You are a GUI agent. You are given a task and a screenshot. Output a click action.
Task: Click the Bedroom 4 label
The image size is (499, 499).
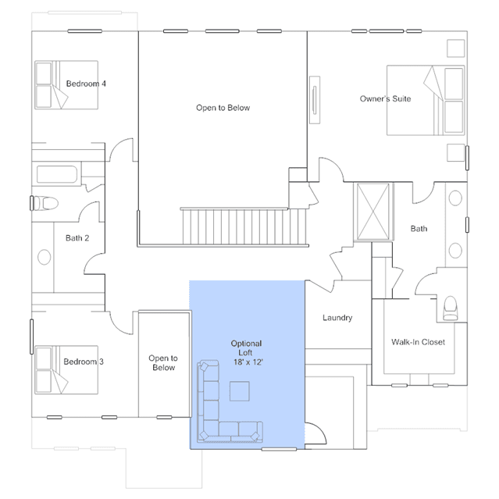coord(86,84)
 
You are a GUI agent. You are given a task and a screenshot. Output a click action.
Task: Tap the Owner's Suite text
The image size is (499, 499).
coord(385,98)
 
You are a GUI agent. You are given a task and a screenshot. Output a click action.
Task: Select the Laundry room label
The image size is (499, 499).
coord(337,318)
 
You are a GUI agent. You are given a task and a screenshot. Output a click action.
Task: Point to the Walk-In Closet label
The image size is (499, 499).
coord(418,342)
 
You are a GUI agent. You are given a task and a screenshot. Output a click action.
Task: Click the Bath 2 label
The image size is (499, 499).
coord(77,238)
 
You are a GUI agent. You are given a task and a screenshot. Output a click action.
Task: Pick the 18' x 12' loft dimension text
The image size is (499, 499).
coord(248,362)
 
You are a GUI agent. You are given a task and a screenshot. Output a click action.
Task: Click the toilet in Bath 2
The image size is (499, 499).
coord(46,203)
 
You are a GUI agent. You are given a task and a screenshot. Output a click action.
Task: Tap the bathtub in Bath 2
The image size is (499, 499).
coord(57,174)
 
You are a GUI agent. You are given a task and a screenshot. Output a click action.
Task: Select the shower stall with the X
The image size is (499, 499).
coord(373,212)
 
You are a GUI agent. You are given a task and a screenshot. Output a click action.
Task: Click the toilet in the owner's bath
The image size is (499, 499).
coord(451,308)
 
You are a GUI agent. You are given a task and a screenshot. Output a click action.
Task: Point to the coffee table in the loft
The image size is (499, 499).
coord(239,391)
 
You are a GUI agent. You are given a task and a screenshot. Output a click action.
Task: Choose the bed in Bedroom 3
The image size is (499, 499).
coord(66,370)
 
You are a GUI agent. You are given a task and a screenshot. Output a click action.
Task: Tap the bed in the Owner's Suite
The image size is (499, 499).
coord(426,100)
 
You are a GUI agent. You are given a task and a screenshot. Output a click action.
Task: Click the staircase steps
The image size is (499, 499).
coord(244,226)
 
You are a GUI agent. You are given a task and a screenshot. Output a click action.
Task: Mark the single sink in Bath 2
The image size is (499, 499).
coord(44,257)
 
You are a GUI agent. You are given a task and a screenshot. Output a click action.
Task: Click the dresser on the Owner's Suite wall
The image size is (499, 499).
coord(315,100)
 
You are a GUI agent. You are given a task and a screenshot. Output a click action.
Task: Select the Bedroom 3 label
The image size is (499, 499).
coord(84,362)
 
